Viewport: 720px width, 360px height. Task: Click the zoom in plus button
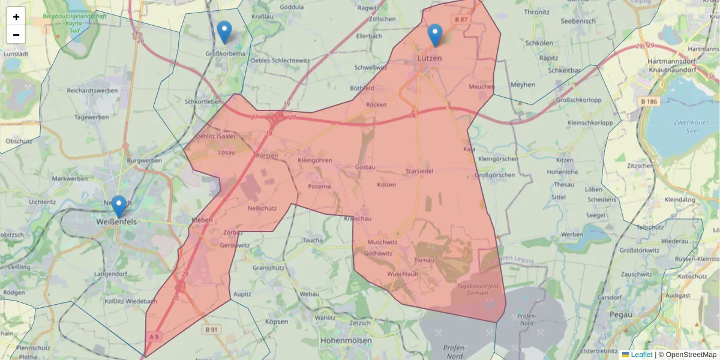click(16, 17)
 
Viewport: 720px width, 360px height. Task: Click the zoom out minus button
click(16, 35)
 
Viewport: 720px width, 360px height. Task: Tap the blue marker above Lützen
click(435, 35)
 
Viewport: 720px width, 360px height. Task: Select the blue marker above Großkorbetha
click(224, 32)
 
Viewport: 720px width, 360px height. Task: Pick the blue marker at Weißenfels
click(119, 206)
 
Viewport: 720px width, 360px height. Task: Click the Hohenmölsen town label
click(346, 340)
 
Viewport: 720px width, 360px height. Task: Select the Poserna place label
click(319, 187)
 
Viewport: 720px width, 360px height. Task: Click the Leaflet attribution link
click(641, 355)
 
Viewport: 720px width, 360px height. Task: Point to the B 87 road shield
click(461, 20)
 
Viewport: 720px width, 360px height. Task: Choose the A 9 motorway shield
click(153, 337)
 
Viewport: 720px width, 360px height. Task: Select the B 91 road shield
click(211, 329)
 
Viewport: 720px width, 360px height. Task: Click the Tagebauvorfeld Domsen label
click(480, 290)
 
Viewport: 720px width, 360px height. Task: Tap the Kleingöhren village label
click(315, 161)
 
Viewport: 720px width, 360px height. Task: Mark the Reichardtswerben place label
click(92, 90)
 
